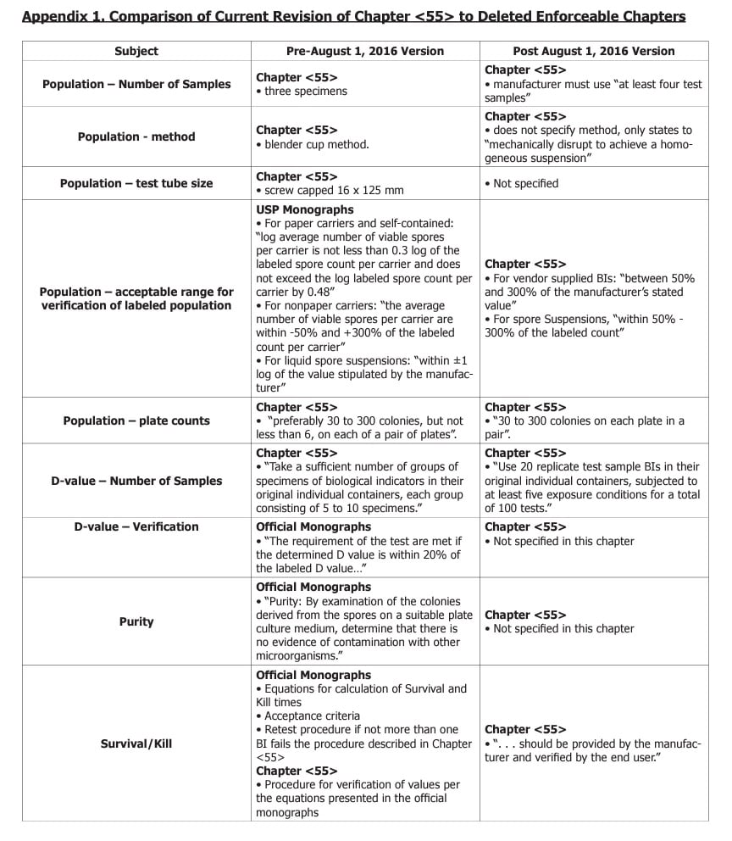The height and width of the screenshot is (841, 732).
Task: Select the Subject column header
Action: pos(136,51)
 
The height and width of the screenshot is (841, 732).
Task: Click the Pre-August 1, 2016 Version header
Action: pos(364,51)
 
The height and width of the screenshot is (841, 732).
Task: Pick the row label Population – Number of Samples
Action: pos(136,84)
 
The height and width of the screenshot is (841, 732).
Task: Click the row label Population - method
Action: pos(136,136)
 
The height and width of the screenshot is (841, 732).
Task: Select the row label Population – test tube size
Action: pos(136,183)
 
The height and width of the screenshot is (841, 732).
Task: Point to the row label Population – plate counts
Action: pos(136,420)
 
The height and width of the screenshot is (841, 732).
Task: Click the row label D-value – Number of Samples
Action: pos(136,481)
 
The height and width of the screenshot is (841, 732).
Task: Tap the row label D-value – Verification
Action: pos(136,526)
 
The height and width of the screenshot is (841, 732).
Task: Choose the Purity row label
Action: pos(136,621)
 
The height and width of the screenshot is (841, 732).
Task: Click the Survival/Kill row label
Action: pos(136,744)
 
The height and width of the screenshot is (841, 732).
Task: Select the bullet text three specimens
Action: pos(305,92)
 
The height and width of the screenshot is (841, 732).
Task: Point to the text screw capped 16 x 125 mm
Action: pos(334,191)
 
